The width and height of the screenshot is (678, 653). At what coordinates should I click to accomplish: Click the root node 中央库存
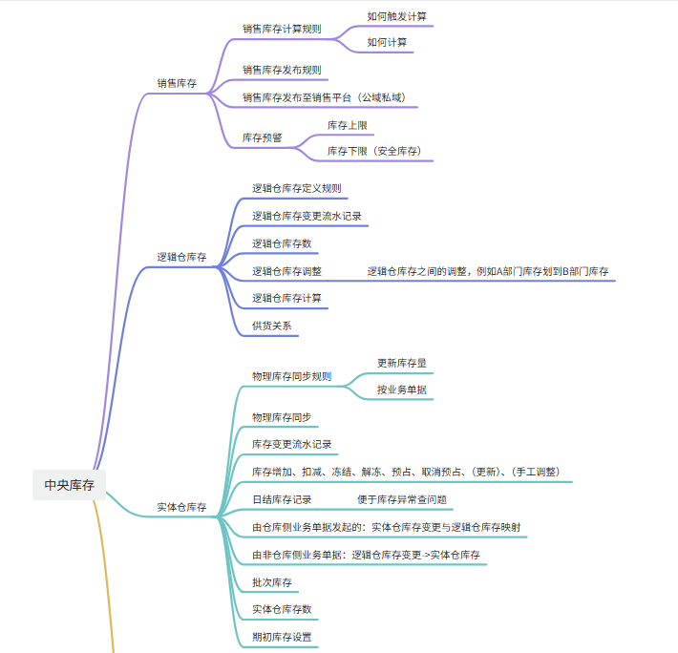pos(69,485)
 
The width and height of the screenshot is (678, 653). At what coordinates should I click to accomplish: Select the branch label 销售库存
pos(177,83)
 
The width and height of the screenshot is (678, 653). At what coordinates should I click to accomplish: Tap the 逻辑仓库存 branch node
pos(181,257)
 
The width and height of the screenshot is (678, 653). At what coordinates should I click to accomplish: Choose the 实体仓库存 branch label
pos(181,507)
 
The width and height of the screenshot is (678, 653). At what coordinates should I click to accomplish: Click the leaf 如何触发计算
pos(397,16)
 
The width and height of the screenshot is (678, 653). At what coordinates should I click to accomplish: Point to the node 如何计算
pos(387,42)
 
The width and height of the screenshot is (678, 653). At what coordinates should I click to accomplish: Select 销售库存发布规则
pos(282,70)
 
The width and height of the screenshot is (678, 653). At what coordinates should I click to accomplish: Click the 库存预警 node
pos(262,137)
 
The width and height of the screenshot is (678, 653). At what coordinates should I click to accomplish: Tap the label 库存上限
pos(348,125)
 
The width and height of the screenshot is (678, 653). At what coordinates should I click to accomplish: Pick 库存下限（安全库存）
pos(374,151)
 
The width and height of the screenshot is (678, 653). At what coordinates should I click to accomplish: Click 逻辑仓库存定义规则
pos(297,188)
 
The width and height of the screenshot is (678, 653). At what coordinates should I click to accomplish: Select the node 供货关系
pos(272,326)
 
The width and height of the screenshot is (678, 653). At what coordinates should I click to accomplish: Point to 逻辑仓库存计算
pos(286,298)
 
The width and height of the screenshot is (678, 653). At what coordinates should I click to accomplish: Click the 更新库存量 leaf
pos(402,363)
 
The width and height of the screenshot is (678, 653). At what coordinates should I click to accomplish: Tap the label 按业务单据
pos(402,390)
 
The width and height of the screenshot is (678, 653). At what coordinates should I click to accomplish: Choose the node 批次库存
pos(272,582)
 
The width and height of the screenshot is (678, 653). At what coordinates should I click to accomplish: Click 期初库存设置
pos(282,637)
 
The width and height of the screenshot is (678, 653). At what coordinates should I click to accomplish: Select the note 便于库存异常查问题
pos(402,499)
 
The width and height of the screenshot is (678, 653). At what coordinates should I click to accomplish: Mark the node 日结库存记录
pos(282,499)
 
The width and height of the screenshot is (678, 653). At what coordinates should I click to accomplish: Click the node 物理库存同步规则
pos(292,376)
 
